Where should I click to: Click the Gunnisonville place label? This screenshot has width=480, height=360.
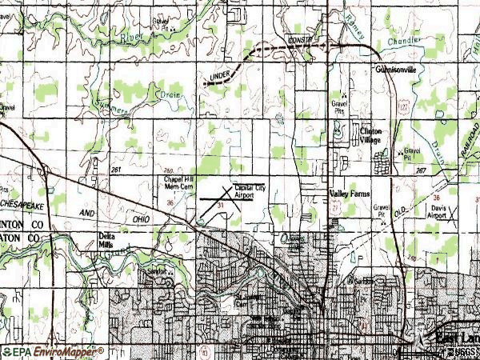click(x=398, y=70)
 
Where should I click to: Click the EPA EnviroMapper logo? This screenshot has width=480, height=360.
click(x=53, y=351)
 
